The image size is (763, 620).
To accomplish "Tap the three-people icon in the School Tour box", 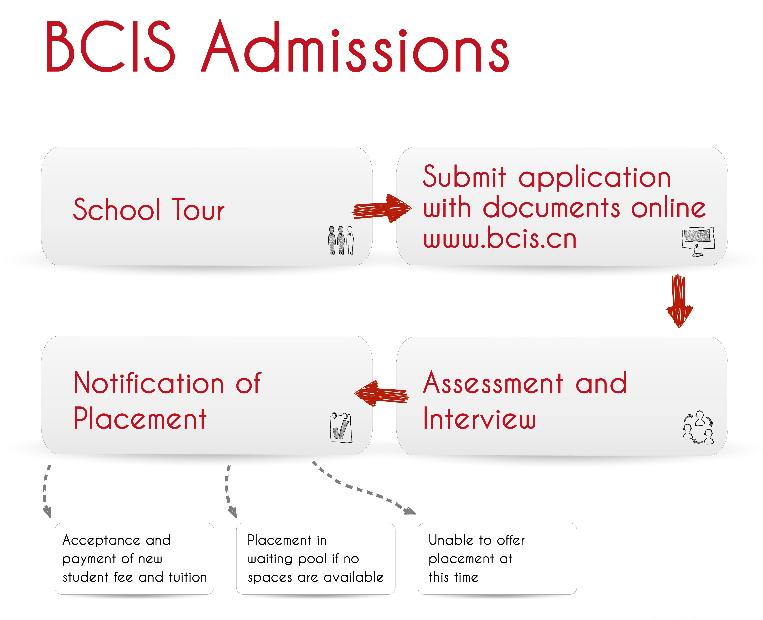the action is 341,240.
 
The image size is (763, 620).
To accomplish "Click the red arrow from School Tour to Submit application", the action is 381,208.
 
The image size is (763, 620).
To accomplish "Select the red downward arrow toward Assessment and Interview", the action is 679,301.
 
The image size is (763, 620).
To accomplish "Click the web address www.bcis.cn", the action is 500,238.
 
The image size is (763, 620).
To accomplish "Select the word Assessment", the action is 493,383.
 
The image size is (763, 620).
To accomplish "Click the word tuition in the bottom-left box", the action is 188,577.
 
